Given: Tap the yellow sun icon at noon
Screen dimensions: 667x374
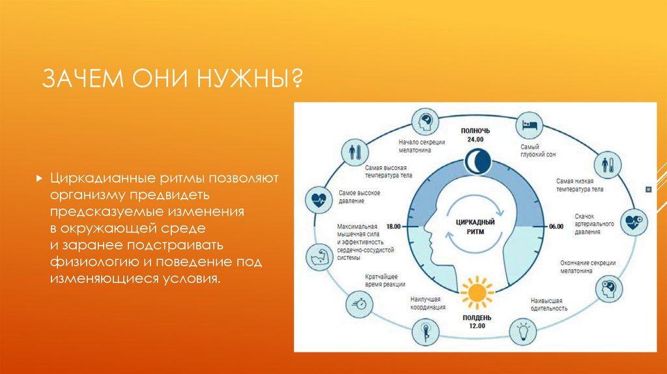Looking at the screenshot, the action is point(476,293).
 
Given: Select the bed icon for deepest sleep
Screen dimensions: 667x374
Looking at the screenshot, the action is point(528,123).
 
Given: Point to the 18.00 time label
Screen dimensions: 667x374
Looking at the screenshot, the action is point(393,226).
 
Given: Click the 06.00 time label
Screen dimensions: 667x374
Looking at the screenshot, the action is point(556,226).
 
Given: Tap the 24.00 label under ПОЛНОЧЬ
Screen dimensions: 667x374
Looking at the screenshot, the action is point(475,139).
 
